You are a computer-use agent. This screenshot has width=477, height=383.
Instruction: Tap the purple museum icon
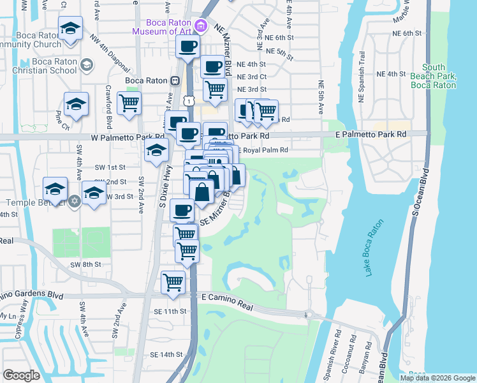[x=201, y=26]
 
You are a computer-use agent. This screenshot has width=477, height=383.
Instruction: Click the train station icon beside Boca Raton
[x=174, y=80]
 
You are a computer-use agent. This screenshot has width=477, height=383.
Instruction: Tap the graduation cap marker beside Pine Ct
[x=76, y=104]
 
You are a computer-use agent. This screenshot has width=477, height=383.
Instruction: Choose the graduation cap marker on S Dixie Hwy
[x=155, y=151]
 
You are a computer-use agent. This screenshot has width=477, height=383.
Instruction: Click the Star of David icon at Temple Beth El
[x=75, y=201]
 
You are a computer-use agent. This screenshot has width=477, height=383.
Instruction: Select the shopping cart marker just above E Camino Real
[x=173, y=282]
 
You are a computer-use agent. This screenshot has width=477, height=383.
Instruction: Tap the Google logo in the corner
[x=21, y=375]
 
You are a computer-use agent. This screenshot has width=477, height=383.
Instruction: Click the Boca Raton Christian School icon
[x=86, y=64]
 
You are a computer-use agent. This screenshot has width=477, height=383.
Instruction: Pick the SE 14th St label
[x=166, y=354]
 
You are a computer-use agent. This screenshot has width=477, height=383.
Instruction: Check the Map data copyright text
[x=437, y=378]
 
